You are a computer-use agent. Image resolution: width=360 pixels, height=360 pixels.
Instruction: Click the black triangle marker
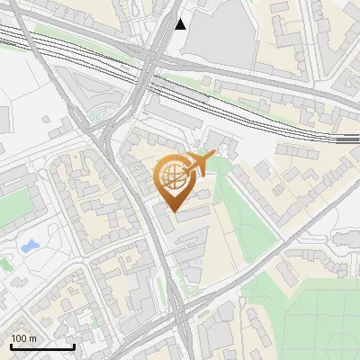click(181, 24)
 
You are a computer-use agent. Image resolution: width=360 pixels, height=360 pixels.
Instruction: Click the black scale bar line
click(42, 347)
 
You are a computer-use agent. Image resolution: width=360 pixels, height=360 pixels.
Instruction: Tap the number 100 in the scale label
click(19, 338)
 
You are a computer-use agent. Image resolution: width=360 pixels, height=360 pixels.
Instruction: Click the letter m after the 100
click(32, 338)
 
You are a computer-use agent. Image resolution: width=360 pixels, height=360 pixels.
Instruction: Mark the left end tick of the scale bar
click(11, 345)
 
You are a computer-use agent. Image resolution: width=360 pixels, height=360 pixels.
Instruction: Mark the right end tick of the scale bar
click(74, 345)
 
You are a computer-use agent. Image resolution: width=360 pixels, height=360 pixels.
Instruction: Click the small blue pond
click(28, 245)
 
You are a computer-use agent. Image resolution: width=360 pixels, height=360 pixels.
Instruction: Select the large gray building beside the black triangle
click(221, 27)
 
